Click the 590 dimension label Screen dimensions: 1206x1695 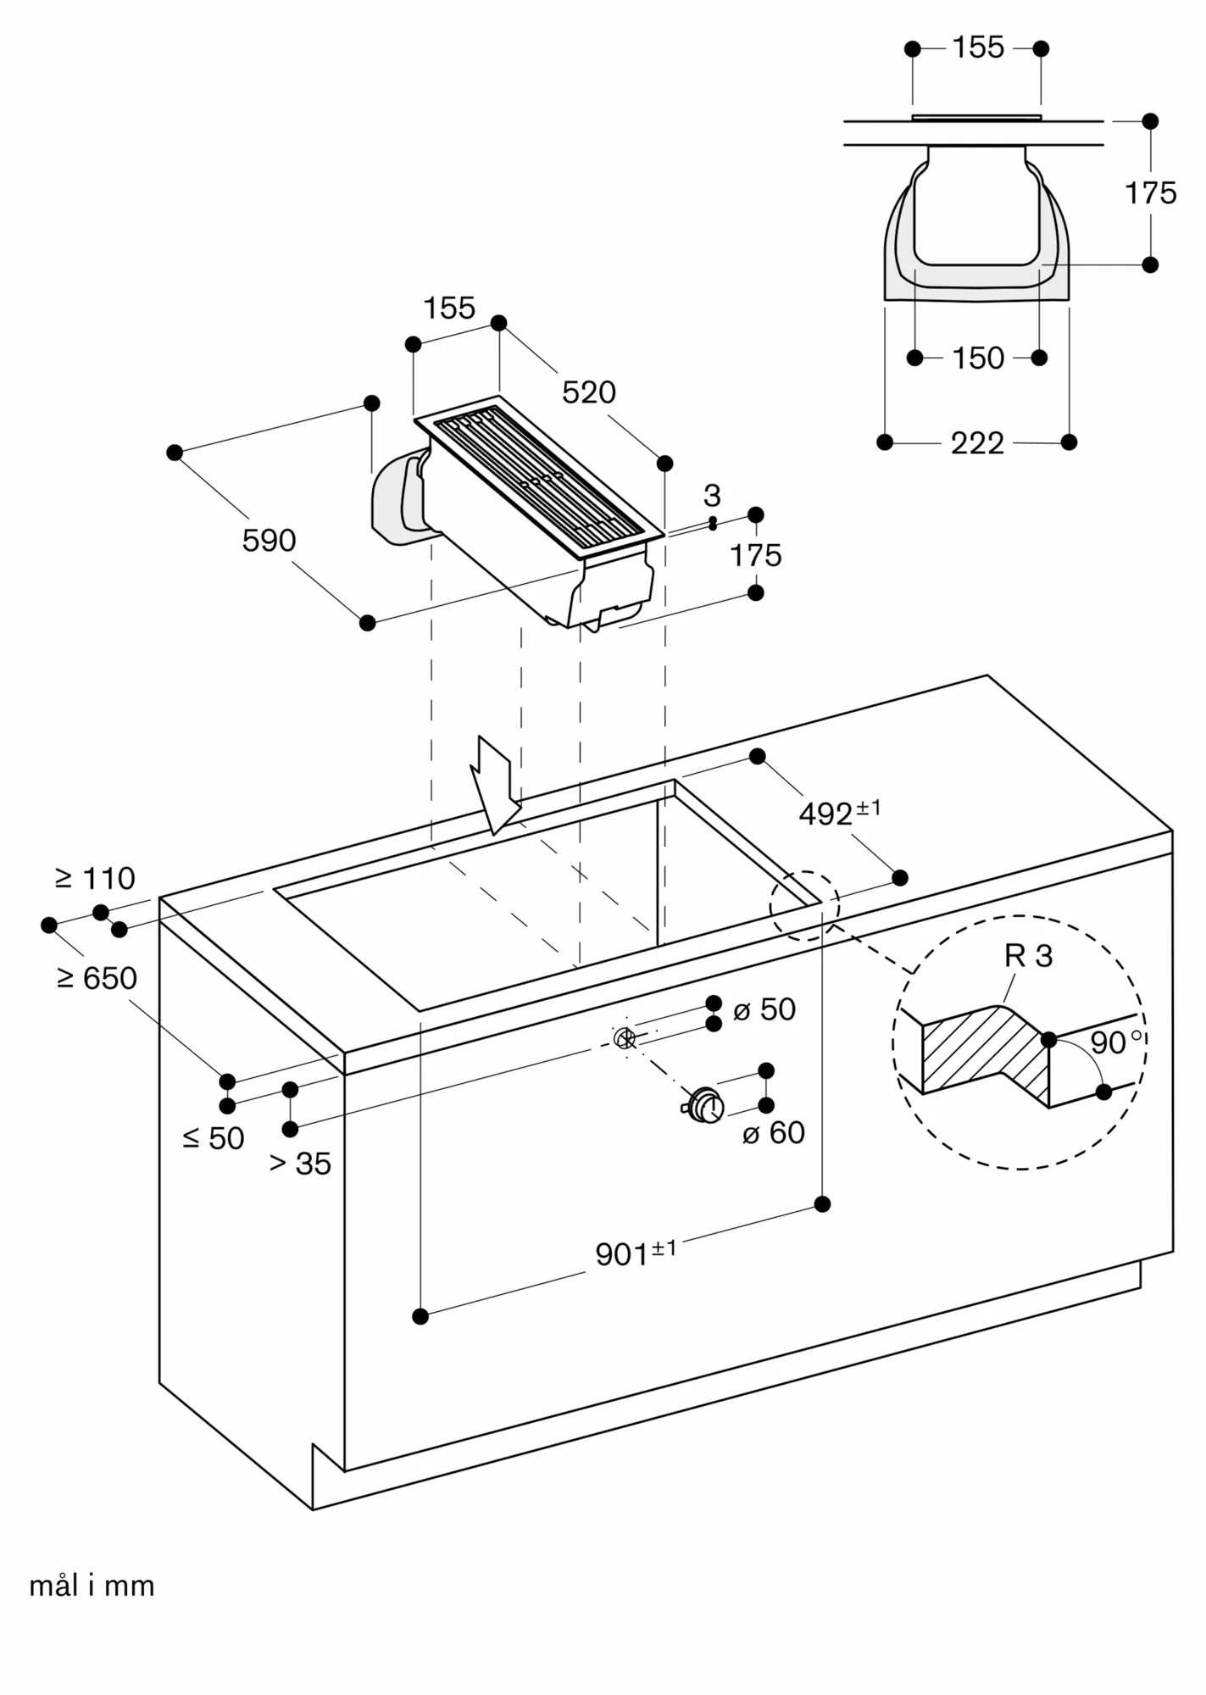[269, 541]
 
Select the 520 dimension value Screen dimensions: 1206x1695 [589, 392]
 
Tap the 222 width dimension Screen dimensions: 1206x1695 [977, 443]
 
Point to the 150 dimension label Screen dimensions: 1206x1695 [978, 358]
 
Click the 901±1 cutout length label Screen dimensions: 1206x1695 [635, 1253]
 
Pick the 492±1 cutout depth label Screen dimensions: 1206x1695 [839, 812]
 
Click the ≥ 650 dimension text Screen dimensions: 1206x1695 [97, 978]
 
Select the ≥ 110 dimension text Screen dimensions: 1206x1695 [95, 879]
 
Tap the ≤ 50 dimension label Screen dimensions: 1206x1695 [214, 1138]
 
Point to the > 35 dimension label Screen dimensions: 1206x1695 [300, 1164]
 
